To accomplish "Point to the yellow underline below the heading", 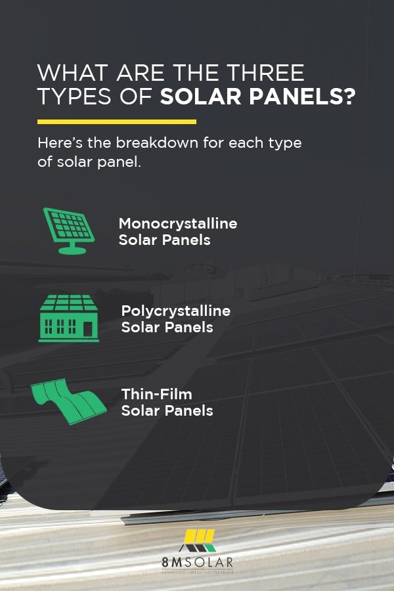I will click(117, 121).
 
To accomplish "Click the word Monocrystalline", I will click(177, 223).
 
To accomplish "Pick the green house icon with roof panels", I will click(68, 318).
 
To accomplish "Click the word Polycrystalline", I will click(176, 311).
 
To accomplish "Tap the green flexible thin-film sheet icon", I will click(70, 402).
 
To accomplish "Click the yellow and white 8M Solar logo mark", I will click(200, 539).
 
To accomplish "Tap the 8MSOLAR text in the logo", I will click(197, 562).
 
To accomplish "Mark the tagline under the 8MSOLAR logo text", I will click(197, 573).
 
